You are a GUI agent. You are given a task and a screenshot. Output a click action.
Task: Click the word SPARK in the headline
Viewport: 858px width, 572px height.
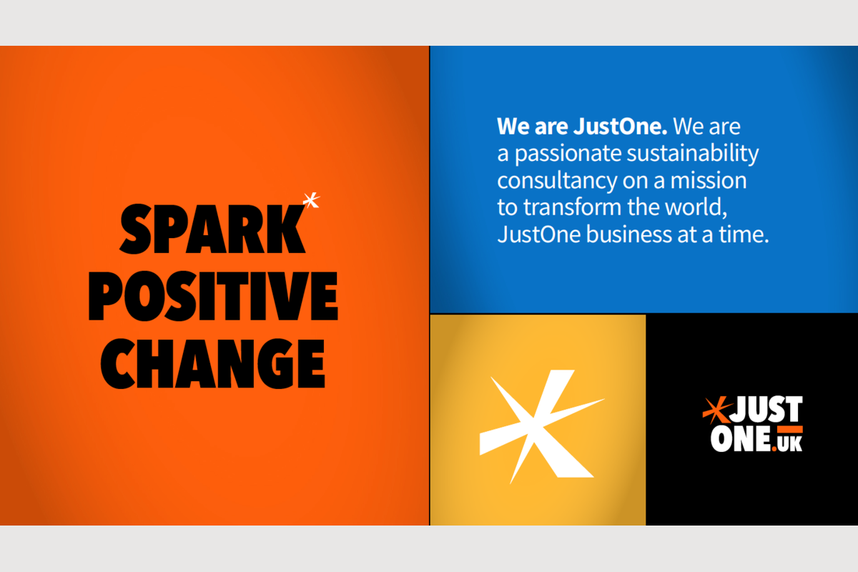[x=212, y=229]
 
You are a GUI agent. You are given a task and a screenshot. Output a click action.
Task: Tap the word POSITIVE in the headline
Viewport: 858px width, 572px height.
[x=213, y=296]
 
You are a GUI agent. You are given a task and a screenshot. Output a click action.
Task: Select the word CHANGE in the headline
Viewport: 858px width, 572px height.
[x=212, y=364]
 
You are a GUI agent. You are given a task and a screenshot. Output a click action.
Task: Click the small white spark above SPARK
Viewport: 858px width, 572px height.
[x=311, y=200]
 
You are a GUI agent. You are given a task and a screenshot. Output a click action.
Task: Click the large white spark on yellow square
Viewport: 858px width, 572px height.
[x=540, y=425]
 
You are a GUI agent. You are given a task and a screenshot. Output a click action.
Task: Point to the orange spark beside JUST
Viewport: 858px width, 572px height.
[x=716, y=410]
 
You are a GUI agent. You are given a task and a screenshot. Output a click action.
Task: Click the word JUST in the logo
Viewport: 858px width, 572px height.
[x=766, y=410]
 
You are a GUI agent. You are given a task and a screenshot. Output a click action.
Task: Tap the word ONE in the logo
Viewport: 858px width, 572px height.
[x=741, y=439]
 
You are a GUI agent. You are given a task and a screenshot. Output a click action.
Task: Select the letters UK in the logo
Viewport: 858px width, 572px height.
[x=790, y=443]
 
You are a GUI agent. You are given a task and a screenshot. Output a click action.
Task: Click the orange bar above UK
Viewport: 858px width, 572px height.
[x=790, y=429]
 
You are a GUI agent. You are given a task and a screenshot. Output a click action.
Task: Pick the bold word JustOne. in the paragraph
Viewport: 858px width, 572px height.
[x=620, y=127]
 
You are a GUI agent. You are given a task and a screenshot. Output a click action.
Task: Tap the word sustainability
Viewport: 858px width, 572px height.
[x=693, y=154]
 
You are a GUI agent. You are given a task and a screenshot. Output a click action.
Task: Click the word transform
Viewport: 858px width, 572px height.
[x=572, y=207]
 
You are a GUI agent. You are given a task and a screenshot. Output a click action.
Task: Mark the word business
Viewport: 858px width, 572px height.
[x=629, y=234]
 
